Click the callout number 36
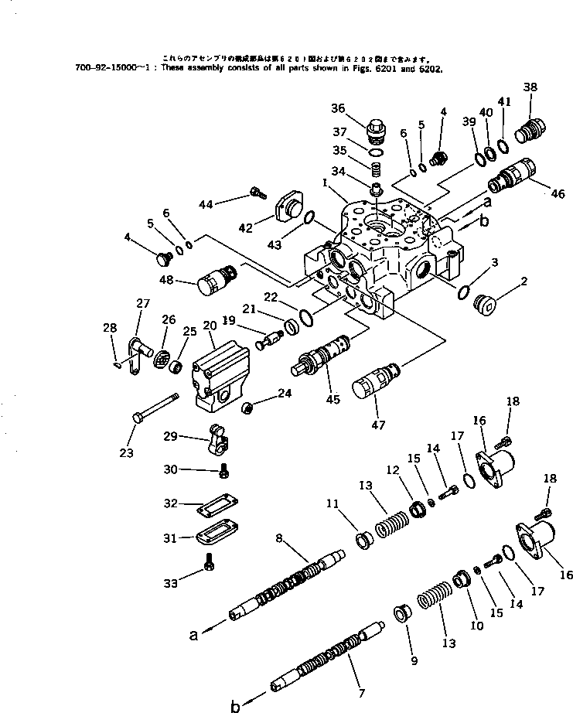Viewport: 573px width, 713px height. tap(360, 108)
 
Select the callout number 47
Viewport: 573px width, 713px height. tap(377, 424)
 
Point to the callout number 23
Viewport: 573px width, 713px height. tap(127, 452)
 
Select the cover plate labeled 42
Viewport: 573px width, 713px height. tap(291, 205)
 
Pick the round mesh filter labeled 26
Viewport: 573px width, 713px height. tap(162, 359)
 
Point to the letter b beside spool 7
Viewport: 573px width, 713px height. tap(236, 705)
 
